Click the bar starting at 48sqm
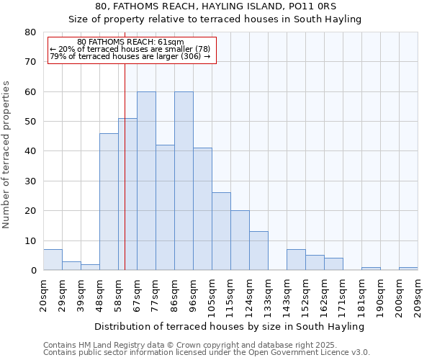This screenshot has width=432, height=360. pyautogui.click(x=109, y=202)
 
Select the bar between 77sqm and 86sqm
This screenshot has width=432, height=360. pyautogui.click(x=165, y=207)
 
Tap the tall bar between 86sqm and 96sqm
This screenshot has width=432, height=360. pyautogui.click(x=184, y=181)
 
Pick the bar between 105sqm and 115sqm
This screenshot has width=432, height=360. pyautogui.click(x=221, y=231)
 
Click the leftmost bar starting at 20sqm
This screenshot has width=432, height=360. pyautogui.click(x=53, y=260)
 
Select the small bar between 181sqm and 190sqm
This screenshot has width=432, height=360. pyautogui.click(x=371, y=269)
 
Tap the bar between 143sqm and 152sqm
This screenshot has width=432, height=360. pyautogui.click(x=296, y=260)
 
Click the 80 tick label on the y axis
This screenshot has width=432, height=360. pyautogui.click(x=30, y=32)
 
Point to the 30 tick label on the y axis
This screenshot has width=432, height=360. pyautogui.click(x=30, y=181)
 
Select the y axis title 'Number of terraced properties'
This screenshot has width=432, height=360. pyautogui.click(x=7, y=154)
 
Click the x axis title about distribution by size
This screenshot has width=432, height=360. pyautogui.click(x=230, y=327)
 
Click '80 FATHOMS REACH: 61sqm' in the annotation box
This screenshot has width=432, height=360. pyautogui.click(x=130, y=42)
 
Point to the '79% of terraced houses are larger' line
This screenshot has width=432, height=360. pyautogui.click(x=130, y=56)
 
